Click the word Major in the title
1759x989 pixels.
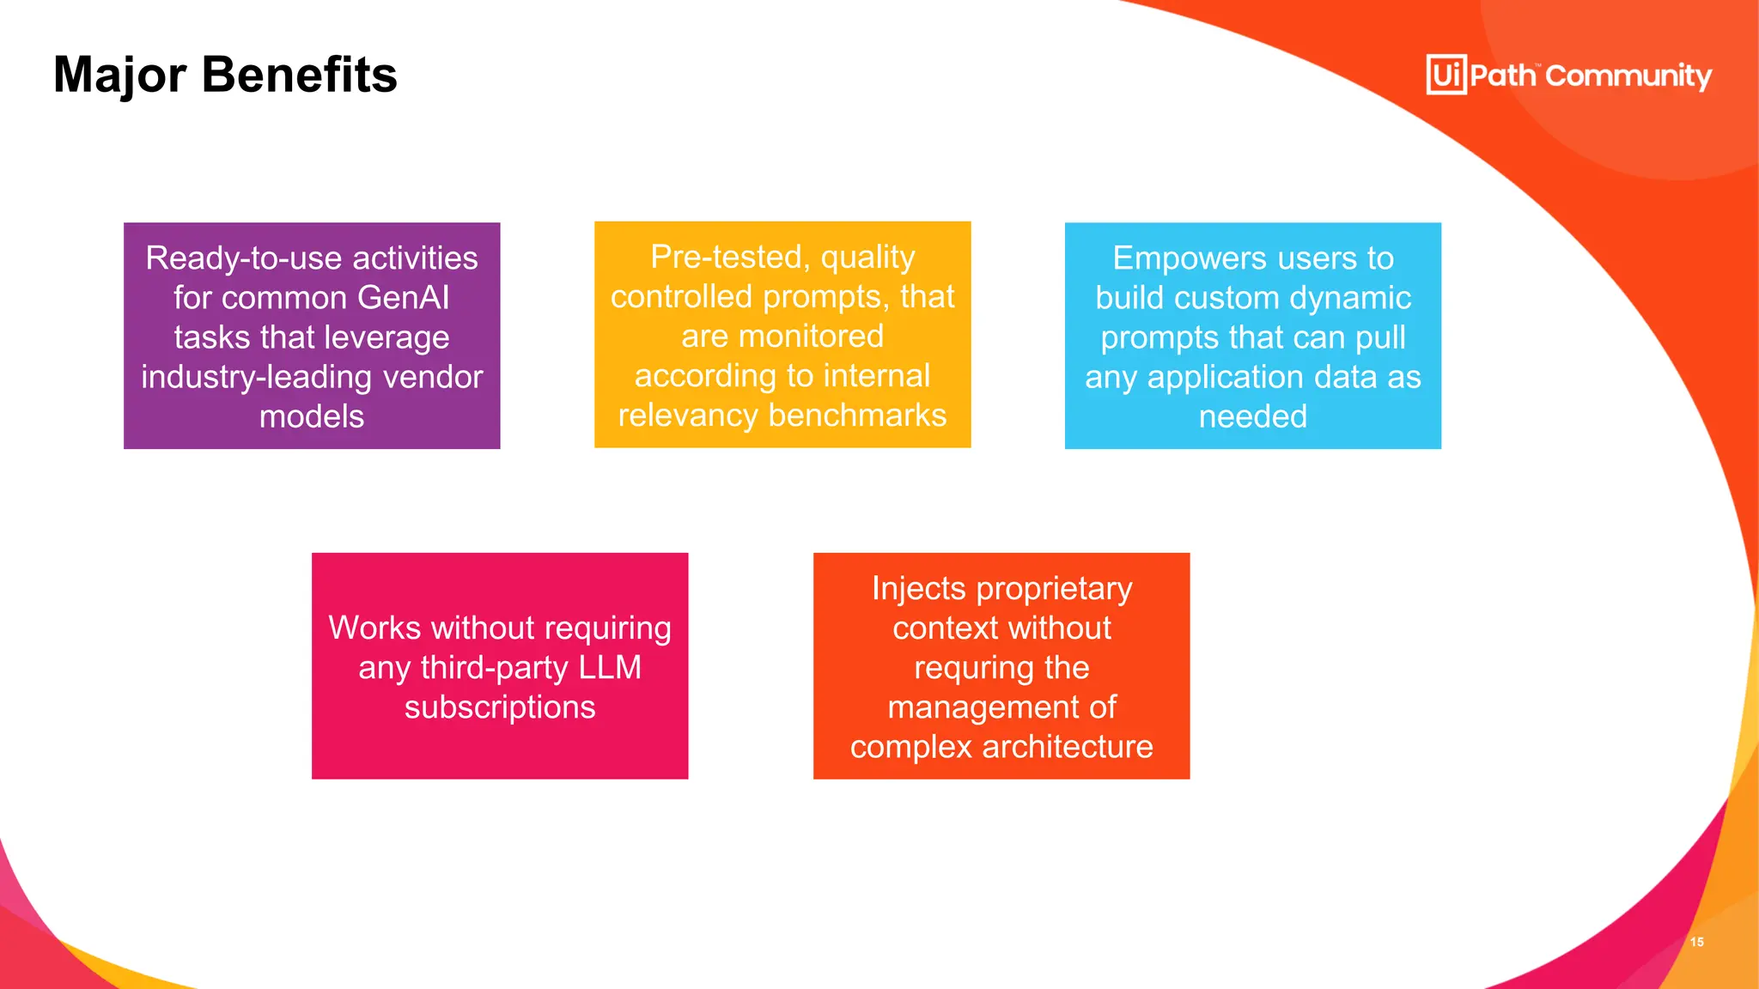coord(119,76)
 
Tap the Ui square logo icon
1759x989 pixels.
coord(1446,75)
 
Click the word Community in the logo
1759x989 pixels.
coord(1628,76)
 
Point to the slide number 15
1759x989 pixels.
coord(1696,942)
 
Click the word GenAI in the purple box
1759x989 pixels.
coord(403,298)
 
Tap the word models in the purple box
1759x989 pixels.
coord(312,416)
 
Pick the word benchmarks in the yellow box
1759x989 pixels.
coord(857,416)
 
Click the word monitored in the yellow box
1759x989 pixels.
coord(811,337)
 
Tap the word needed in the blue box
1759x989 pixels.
coord(1252,416)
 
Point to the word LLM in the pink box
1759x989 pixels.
coord(610,668)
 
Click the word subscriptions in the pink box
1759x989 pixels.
coord(500,707)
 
